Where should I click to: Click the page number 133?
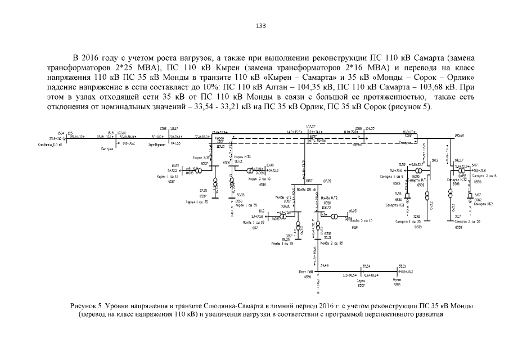(260, 26)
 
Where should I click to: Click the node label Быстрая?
(107, 150)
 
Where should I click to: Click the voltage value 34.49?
(325, 265)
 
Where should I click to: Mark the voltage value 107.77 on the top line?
(311, 127)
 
